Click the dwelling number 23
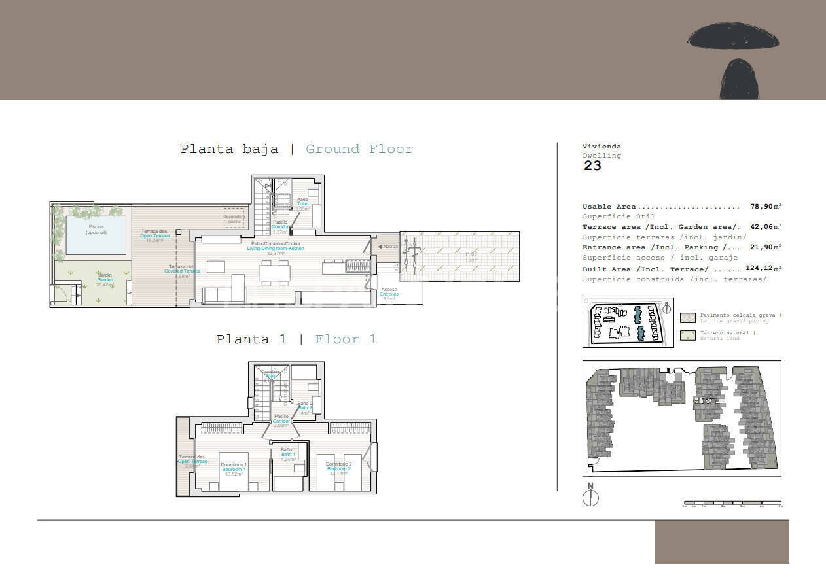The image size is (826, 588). pyautogui.click(x=592, y=165)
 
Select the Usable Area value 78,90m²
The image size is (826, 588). pyautogui.click(x=766, y=207)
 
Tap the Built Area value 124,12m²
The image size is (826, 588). pyautogui.click(x=763, y=269)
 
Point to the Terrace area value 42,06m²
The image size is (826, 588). pyautogui.click(x=766, y=227)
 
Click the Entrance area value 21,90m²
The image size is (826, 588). pyautogui.click(x=766, y=247)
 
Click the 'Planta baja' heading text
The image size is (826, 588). pyautogui.click(x=229, y=149)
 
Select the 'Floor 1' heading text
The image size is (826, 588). pyautogui.click(x=346, y=339)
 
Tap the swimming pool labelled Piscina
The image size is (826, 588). pyautogui.click(x=96, y=234)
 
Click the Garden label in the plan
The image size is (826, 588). pyautogui.click(x=105, y=280)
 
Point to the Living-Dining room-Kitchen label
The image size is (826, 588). pyautogui.click(x=276, y=249)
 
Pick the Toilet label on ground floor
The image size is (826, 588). pyautogui.click(x=302, y=204)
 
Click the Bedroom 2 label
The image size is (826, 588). pyautogui.click(x=339, y=469)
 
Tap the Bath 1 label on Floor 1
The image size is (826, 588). pyautogui.click(x=289, y=455)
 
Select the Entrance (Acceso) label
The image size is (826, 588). pyautogui.click(x=389, y=294)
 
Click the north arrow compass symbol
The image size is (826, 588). pyautogui.click(x=590, y=497)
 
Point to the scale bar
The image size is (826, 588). pyautogui.click(x=732, y=504)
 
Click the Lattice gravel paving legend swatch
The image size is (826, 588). pyautogui.click(x=688, y=318)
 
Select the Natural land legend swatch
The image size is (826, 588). pyautogui.click(x=688, y=336)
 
